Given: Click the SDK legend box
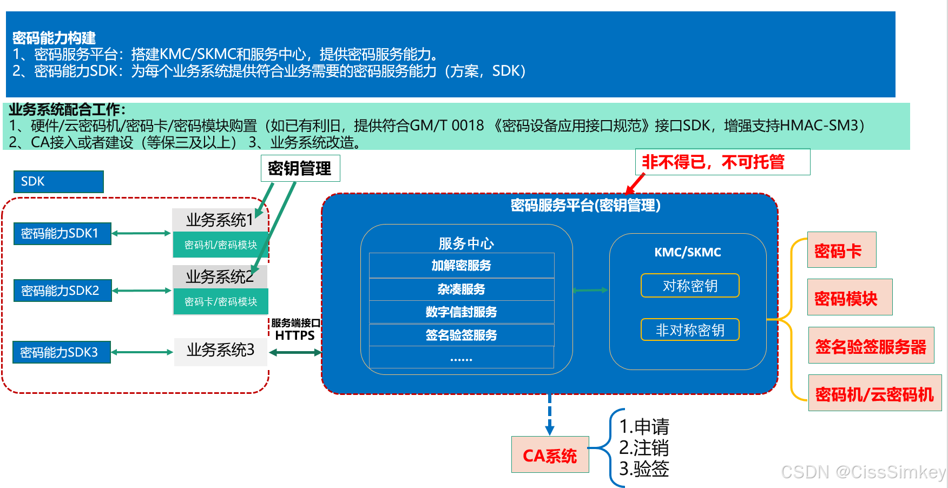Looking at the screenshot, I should point(58,182).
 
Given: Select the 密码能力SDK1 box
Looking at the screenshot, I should point(62,234).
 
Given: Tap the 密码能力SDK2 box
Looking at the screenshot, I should point(62,291).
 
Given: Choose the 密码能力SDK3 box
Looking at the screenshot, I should point(61,352).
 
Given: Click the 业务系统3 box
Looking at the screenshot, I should point(220,351).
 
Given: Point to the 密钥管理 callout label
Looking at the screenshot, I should point(300,168).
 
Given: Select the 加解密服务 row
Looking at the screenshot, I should point(461,266).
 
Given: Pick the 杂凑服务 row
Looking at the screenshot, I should point(461,289).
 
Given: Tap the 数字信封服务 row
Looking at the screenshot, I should point(461,312).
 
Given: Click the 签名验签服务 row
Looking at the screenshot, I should point(461,335).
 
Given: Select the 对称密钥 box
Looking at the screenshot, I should point(690,286).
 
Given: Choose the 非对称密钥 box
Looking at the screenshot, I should point(690,330).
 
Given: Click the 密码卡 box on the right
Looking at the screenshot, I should point(841,250).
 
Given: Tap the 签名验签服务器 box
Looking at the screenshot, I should point(871,346).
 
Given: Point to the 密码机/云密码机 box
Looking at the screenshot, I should point(874,393).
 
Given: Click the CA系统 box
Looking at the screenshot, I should point(550,455).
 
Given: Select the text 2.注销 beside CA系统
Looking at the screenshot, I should point(644,448).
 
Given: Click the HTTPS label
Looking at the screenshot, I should point(295,335).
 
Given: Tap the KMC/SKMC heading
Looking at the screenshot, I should point(688,252).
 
